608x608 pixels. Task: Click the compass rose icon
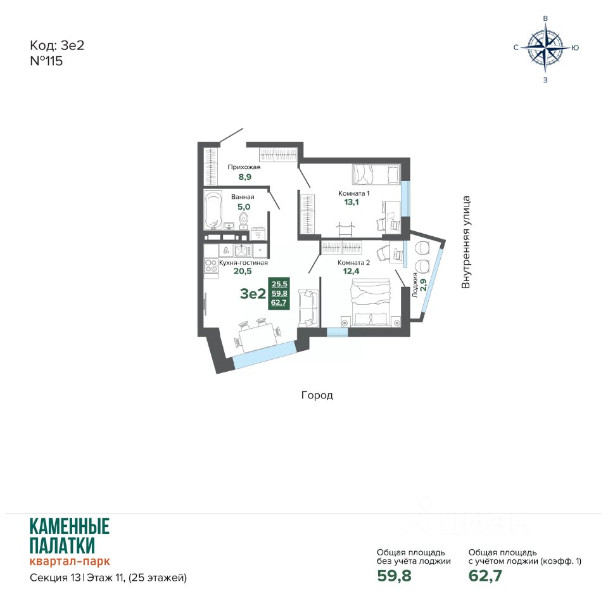[x=545, y=47]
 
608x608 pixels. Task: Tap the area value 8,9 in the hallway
[x=244, y=177]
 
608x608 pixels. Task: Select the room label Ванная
[x=243, y=197]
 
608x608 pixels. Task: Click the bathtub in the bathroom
[x=213, y=210]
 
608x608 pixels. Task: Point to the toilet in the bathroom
[x=244, y=218]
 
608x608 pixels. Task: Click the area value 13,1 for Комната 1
[x=351, y=202]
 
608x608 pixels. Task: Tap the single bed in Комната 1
[x=376, y=174]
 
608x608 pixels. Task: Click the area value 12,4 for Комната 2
[x=351, y=271]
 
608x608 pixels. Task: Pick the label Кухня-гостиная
[x=243, y=262]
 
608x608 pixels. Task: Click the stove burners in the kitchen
[x=211, y=266]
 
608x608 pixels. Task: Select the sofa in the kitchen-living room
[x=308, y=308]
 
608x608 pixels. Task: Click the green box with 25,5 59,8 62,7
[x=279, y=293]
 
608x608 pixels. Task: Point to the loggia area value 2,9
[x=424, y=285]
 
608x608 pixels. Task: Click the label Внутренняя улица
[x=465, y=243]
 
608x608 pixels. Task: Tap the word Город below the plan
[x=317, y=395]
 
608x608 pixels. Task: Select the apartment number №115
[x=46, y=61]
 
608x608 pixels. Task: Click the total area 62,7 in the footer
[x=485, y=576]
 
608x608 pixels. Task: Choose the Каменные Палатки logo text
[x=70, y=536]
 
